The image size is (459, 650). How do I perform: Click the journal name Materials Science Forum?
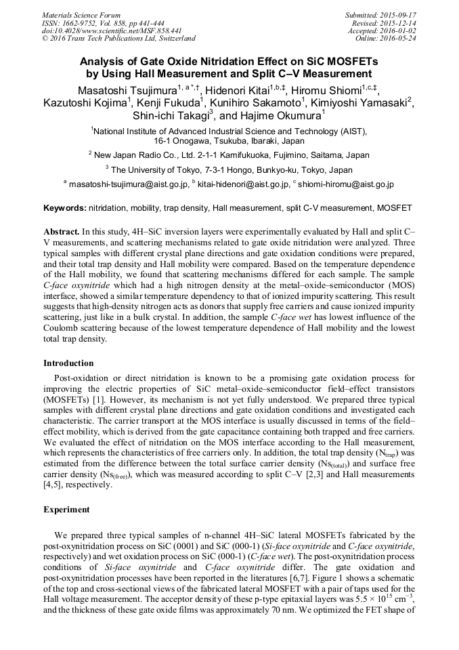81,15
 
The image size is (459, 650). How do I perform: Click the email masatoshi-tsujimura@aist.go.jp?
127,184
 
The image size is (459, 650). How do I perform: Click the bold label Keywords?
65,207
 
